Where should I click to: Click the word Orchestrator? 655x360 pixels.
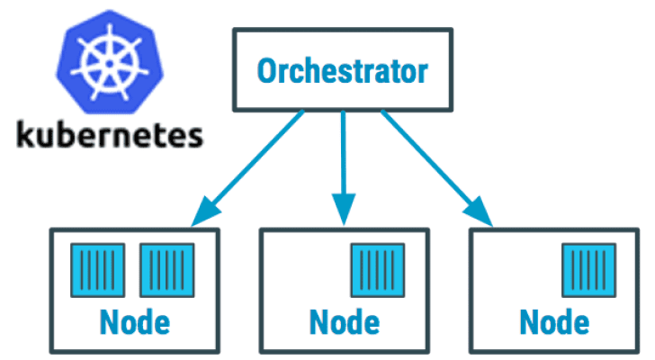[x=341, y=70]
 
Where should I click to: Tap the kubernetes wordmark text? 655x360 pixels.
[x=111, y=137]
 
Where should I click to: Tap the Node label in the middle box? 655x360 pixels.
[x=344, y=320]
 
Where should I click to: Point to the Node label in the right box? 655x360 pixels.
[x=555, y=320]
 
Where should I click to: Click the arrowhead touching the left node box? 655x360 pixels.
[x=202, y=216]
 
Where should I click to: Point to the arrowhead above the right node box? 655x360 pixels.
[x=481, y=216]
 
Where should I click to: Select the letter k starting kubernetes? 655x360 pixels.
[x=28, y=135]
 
